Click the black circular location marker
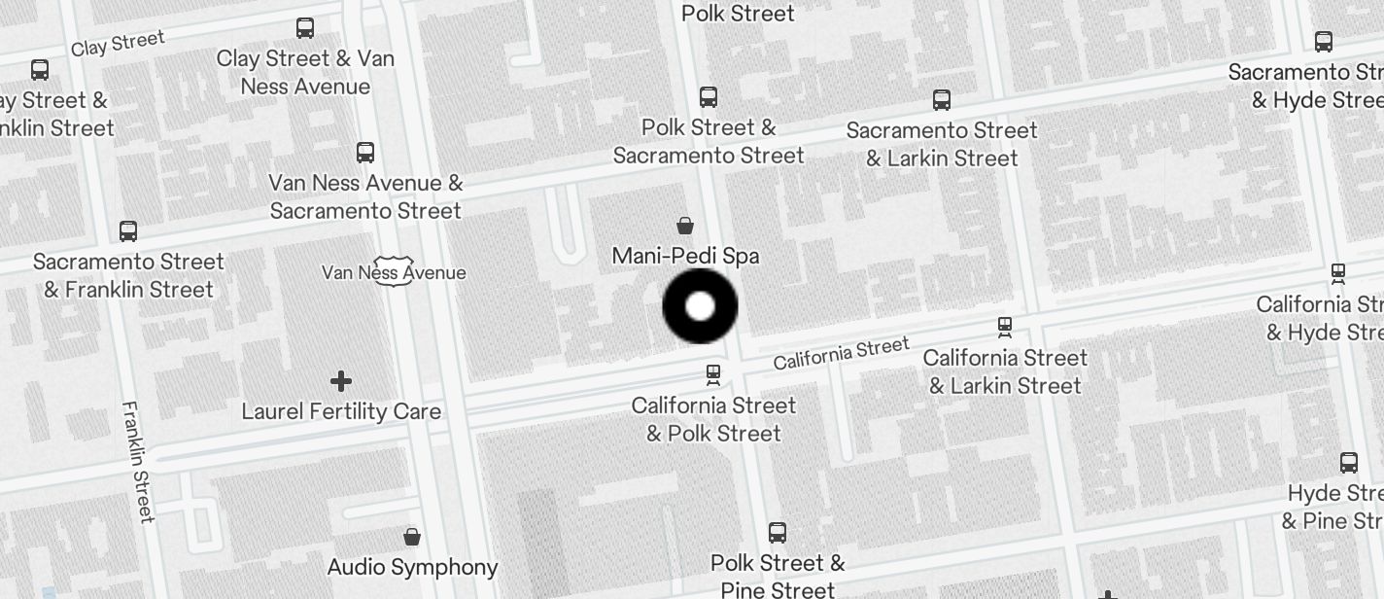pyautogui.click(x=700, y=306)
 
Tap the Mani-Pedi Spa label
pyautogui.click(x=685, y=256)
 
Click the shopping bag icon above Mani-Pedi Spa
pyautogui.click(x=685, y=227)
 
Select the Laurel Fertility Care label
pyautogui.click(x=341, y=411)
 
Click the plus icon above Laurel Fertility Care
pyautogui.click(x=341, y=381)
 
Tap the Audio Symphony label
pyautogui.click(x=412, y=567)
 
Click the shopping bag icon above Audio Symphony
pyautogui.click(x=412, y=537)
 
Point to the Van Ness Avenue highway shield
pyautogui.click(x=394, y=271)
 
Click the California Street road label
pyautogui.click(x=842, y=353)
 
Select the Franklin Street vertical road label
pyautogui.click(x=138, y=461)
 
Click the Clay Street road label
pyautogui.click(x=118, y=44)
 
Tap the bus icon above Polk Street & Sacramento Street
pyautogui.click(x=709, y=97)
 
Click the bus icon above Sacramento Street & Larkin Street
pyautogui.click(x=941, y=100)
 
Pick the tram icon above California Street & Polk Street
pyautogui.click(x=713, y=374)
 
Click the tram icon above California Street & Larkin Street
pyautogui.click(x=1005, y=327)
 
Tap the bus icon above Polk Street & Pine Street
pyautogui.click(x=778, y=533)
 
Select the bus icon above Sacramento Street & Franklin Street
pyautogui.click(x=128, y=231)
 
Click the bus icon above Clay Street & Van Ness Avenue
pyautogui.click(x=305, y=28)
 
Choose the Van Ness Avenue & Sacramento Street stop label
pyautogui.click(x=365, y=196)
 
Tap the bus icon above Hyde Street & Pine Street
pyautogui.click(x=1349, y=463)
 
